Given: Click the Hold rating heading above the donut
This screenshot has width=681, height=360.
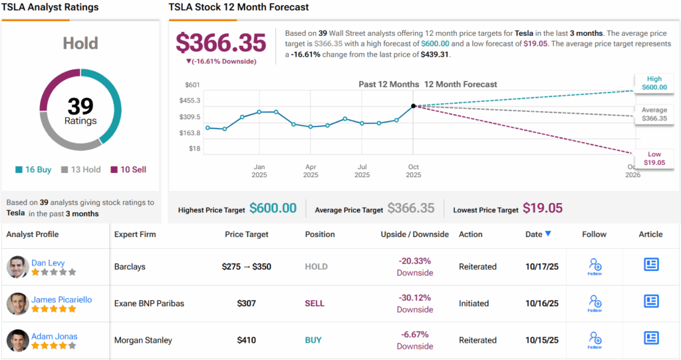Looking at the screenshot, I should point(80,44).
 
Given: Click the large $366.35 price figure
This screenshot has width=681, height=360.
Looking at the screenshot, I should point(221,43).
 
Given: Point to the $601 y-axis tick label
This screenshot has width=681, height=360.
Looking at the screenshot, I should point(192,85).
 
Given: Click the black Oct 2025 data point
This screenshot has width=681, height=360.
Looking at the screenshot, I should point(413,106).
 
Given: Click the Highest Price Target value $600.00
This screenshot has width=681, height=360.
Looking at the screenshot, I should point(273,208).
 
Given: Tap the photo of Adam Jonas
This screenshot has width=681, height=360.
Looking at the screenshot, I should point(17,340).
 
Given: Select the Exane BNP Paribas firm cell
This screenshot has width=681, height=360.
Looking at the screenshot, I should point(149,303).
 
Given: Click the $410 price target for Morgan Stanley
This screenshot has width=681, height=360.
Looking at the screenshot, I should point(247,340).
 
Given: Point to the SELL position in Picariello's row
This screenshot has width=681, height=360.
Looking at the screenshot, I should point(315,303).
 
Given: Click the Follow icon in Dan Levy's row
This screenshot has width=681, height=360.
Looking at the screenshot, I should point(595,266).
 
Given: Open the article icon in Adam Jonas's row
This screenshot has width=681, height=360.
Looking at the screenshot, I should point(651,338).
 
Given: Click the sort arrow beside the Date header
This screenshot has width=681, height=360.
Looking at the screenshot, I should point(548,234).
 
